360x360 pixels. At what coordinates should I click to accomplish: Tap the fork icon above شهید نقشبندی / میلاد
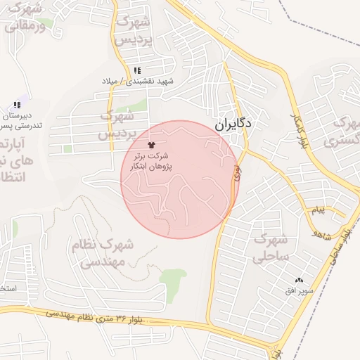tap(137, 71)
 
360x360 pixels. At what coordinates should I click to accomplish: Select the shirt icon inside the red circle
tap(151, 144)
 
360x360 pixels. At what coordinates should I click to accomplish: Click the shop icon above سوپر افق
tap(299, 280)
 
